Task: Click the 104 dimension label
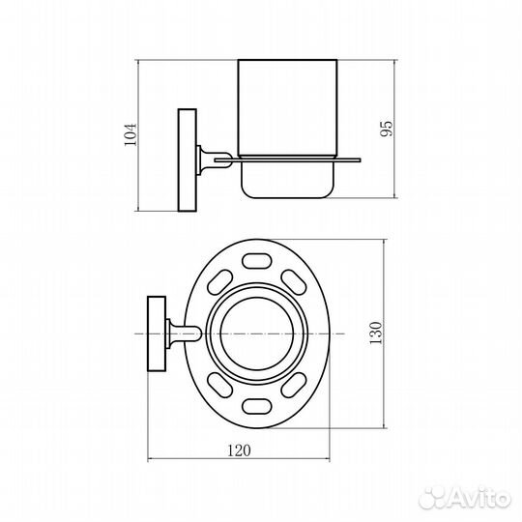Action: tap(130, 134)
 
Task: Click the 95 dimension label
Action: tap(386, 129)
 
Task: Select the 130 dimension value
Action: tap(375, 333)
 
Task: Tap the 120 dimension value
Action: tap(239, 450)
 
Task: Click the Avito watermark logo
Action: tap(465, 498)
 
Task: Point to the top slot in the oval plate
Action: tap(256, 261)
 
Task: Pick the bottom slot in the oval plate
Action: tap(256, 406)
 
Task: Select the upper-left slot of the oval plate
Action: tap(219, 282)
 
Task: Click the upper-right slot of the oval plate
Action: tap(294, 282)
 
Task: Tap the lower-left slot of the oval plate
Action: tap(219, 385)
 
